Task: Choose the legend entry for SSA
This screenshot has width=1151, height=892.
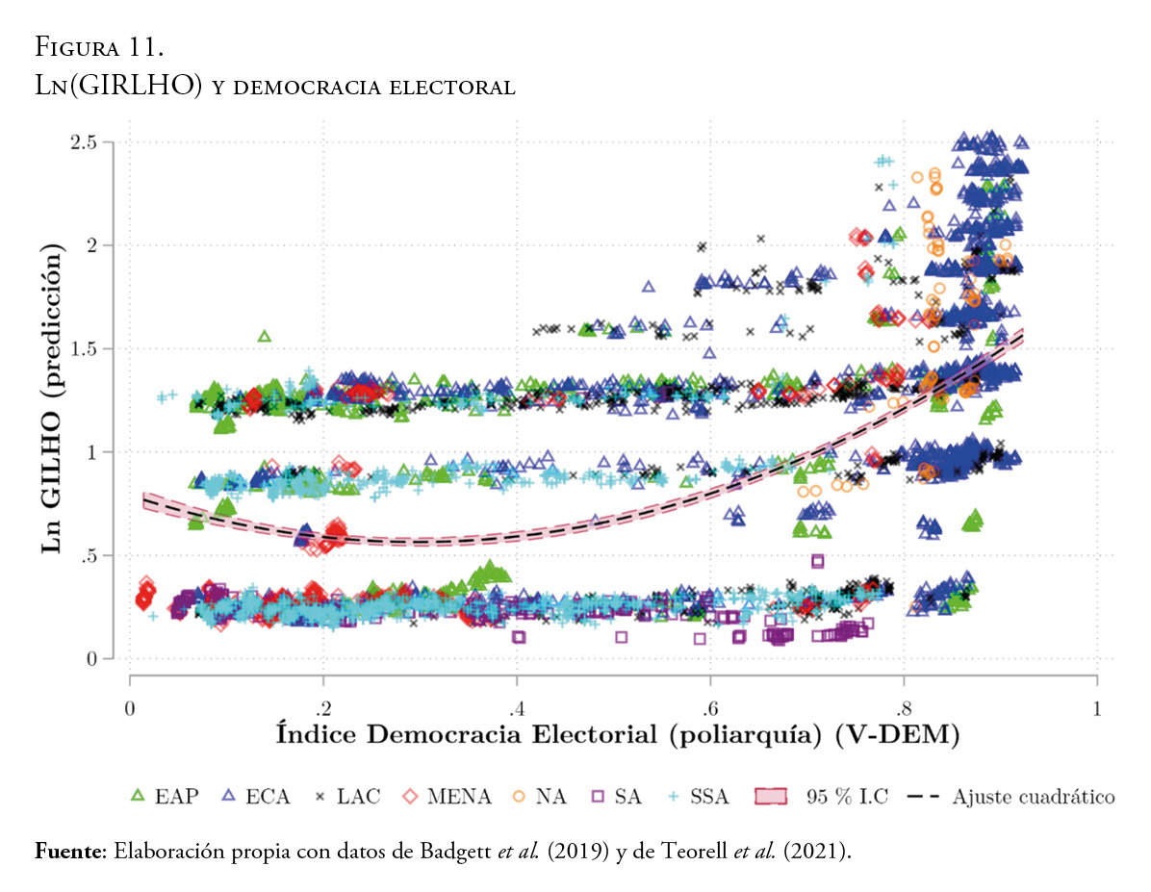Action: point(697,797)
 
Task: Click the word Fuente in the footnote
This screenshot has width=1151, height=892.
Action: point(68,852)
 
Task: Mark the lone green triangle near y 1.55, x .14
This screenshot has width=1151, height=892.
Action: point(264,336)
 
